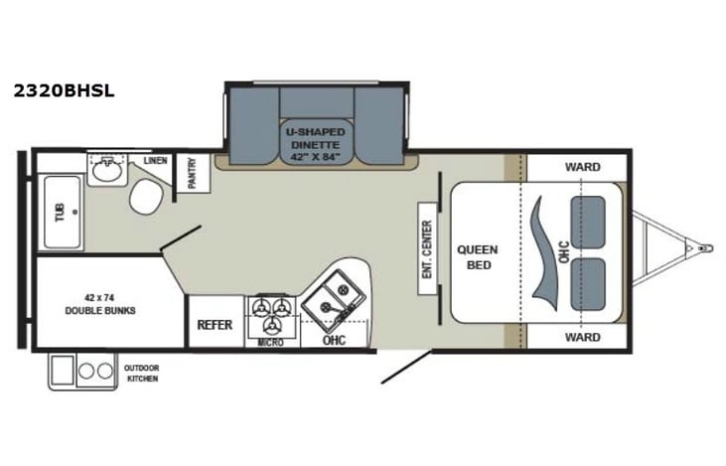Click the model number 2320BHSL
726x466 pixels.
pos(64,90)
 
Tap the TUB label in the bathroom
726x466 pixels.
pos(59,212)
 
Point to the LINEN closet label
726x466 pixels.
pos(154,160)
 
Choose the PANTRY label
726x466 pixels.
pos(193,173)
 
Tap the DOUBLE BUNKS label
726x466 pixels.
pos(100,303)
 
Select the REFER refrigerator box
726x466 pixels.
pos(215,324)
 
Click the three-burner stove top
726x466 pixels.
pos(272,315)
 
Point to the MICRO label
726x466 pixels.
pos(271,343)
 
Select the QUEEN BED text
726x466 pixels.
pos(477,257)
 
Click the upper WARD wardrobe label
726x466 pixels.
pos(582,166)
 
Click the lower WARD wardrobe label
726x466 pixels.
pos(582,337)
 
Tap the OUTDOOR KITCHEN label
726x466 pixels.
pos(140,373)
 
